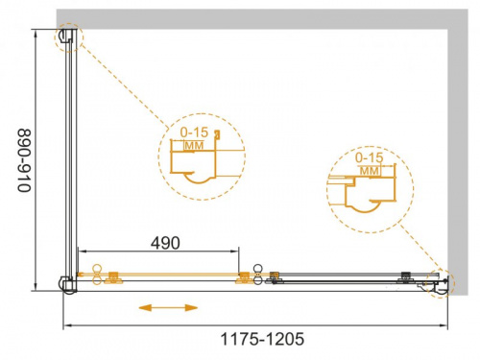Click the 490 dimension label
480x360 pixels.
[165, 243]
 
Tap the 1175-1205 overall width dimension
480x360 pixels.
[262, 339]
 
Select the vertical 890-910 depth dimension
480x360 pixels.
[24, 160]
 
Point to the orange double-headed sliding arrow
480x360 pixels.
[168, 308]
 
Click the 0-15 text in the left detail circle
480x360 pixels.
[194, 132]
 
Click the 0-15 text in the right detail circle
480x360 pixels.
[370, 157]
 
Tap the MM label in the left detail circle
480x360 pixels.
[195, 146]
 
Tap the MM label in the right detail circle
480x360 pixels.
[370, 171]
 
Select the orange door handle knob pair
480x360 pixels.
[97, 275]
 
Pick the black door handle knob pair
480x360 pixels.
[258, 275]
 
